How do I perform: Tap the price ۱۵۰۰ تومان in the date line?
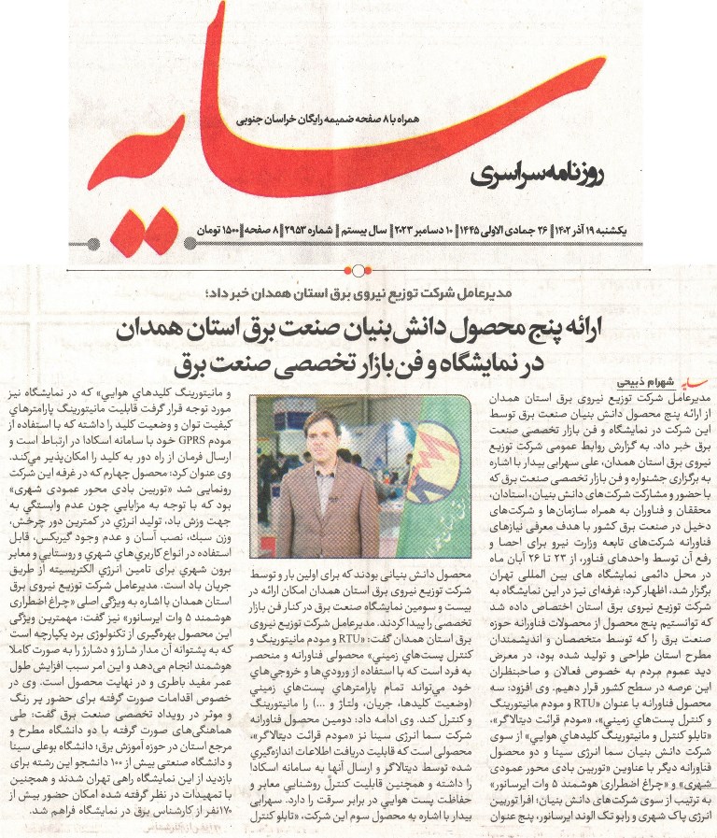pos(218,228)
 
